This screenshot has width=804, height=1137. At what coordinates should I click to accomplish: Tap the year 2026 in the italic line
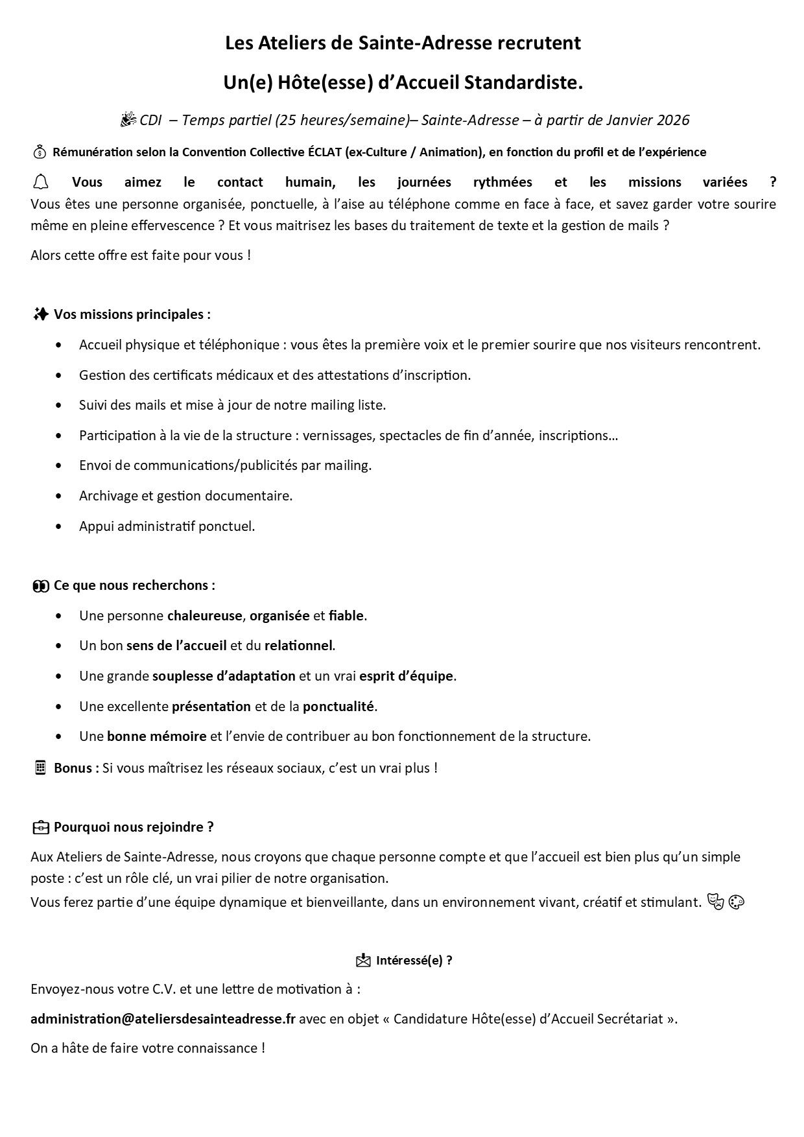click(673, 121)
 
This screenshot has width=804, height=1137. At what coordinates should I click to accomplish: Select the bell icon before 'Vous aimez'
click(40, 182)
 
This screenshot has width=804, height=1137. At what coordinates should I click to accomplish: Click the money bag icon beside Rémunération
click(40, 152)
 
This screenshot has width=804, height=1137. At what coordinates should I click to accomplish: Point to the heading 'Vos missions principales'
click(132, 314)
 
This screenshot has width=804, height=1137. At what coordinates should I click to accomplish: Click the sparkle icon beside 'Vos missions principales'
click(40, 314)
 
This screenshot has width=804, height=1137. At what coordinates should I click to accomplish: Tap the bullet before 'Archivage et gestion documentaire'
click(60, 496)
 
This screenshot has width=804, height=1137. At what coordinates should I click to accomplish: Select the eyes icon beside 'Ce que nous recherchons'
click(40, 585)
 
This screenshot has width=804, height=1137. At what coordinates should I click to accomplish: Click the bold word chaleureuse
click(204, 615)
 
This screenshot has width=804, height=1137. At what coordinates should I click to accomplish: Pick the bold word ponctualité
click(338, 706)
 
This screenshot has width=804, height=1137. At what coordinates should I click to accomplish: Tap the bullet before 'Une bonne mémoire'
click(60, 736)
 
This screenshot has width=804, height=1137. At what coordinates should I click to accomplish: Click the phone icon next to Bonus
click(40, 768)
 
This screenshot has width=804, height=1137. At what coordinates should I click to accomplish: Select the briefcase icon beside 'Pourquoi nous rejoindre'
click(40, 827)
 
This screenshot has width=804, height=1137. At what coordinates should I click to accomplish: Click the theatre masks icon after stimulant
click(716, 902)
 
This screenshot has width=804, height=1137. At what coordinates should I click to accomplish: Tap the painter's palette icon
click(737, 902)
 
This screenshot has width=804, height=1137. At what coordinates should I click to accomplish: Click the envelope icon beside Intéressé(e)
click(363, 960)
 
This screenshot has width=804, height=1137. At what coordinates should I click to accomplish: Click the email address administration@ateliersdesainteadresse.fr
click(163, 1018)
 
